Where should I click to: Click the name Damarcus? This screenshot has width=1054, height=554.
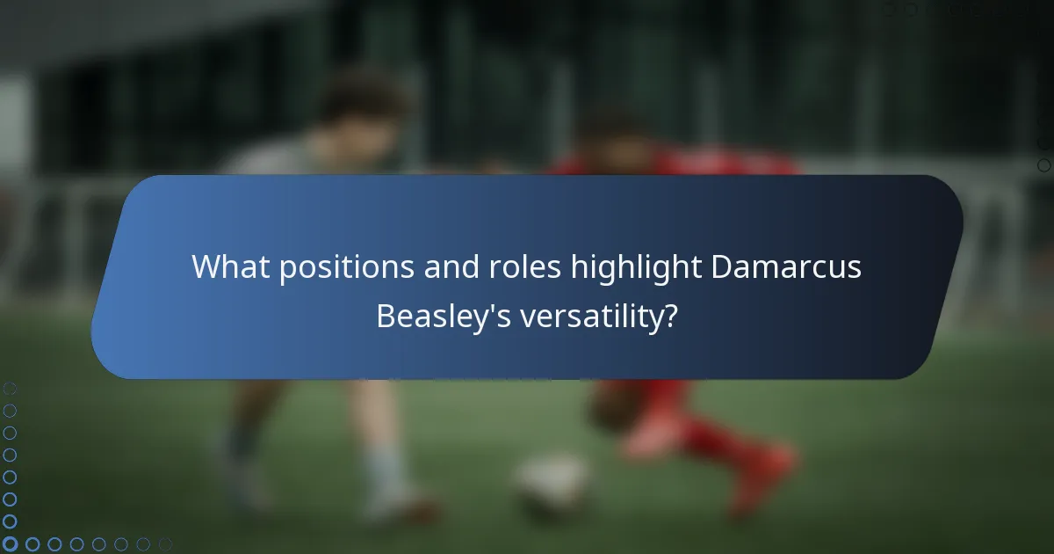786,266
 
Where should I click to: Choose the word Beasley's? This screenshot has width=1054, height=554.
444,316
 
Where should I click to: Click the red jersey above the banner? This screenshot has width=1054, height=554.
685,163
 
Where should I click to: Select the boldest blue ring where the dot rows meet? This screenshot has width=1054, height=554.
11,544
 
